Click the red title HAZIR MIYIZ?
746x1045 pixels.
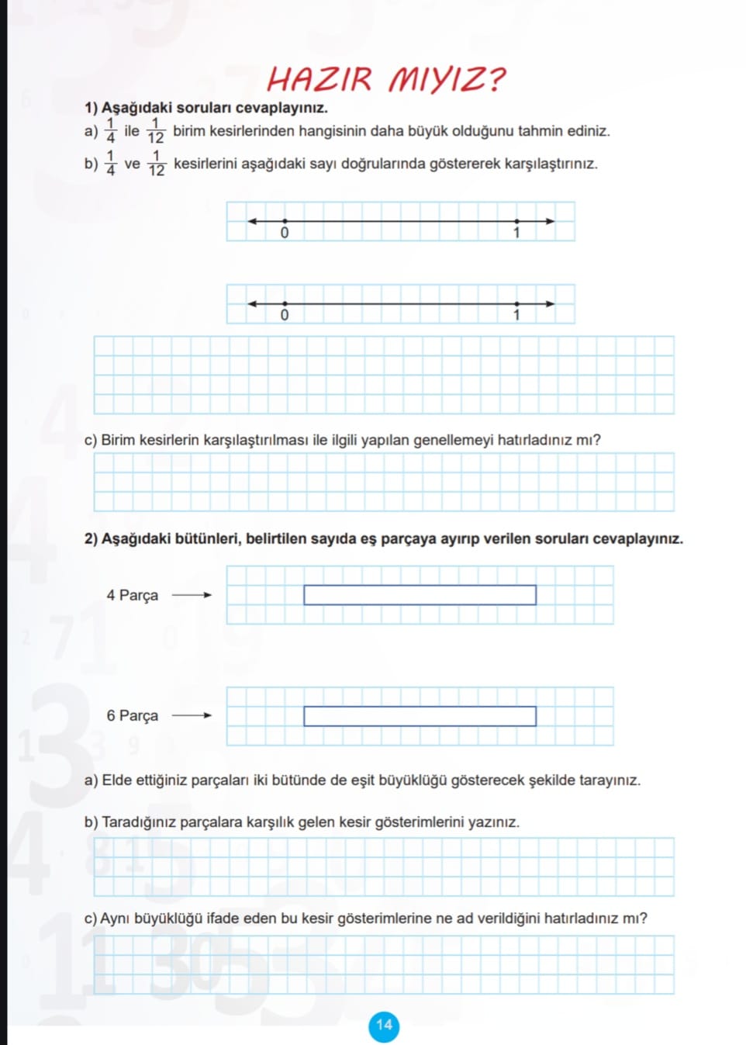point(385,79)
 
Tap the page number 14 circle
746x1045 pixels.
point(384,1026)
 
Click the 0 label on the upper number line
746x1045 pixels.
point(285,233)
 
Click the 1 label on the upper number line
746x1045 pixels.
point(516,233)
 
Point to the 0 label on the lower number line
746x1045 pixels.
point(285,315)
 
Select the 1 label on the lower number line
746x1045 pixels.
point(516,315)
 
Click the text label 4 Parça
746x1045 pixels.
point(132,595)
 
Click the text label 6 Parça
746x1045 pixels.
point(132,715)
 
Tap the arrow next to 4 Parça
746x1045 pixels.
point(192,595)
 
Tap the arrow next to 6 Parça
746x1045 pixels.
point(192,715)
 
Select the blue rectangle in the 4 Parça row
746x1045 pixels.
point(420,595)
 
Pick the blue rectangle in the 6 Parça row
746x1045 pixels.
point(420,716)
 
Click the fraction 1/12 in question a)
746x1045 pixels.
point(156,131)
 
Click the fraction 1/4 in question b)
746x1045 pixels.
point(110,164)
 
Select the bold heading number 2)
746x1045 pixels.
point(92,538)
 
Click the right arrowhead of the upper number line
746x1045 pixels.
point(551,221)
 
